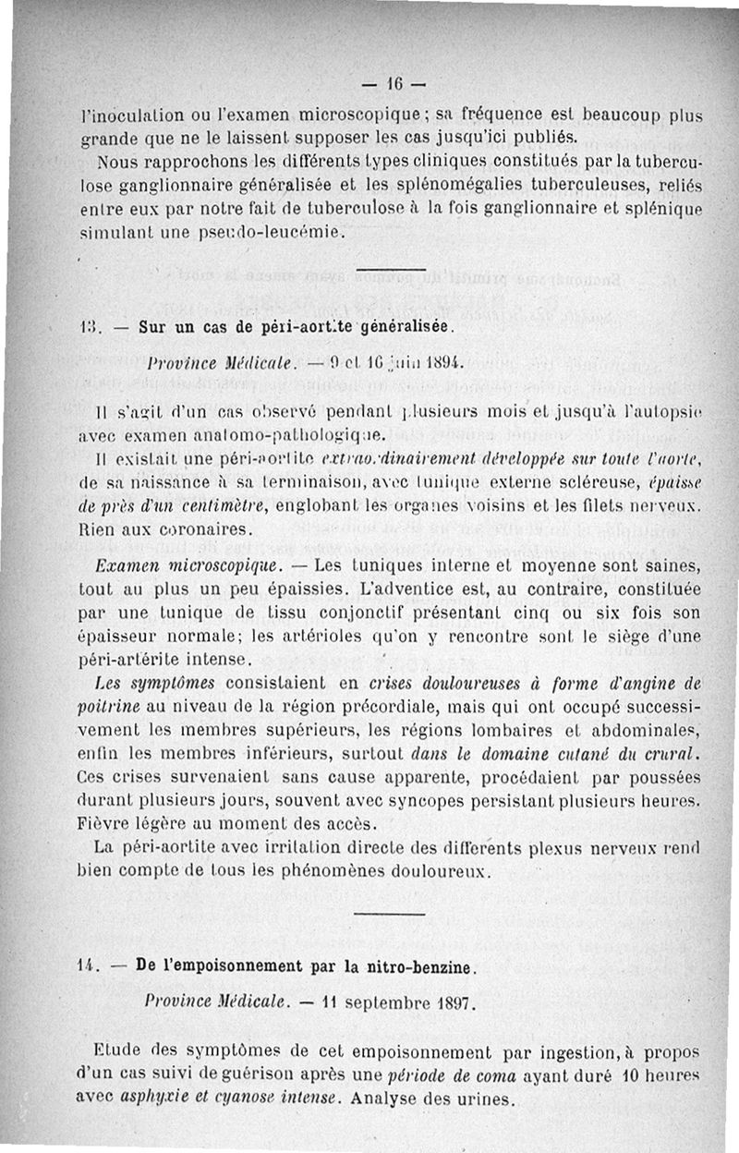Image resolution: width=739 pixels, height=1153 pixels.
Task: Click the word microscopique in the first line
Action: click(346, 116)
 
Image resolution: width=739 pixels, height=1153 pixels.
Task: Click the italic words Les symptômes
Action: click(148, 684)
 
